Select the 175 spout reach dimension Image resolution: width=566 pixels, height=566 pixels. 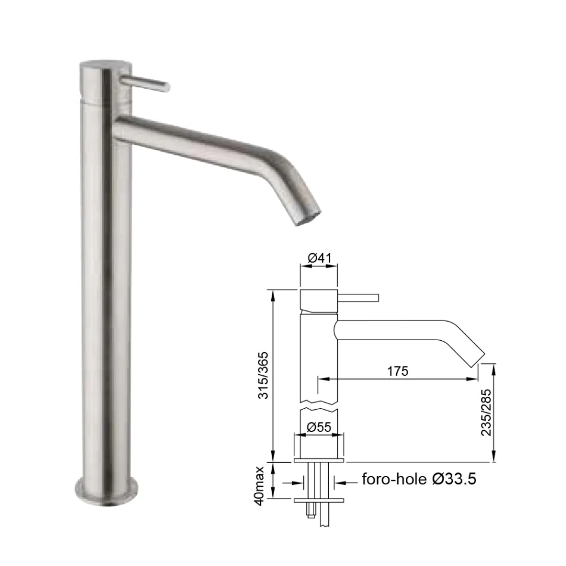(397, 371)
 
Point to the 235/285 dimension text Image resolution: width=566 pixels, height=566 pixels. (487, 413)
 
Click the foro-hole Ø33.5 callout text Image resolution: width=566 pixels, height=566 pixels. (419, 480)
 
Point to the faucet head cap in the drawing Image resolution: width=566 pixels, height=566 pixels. (319, 301)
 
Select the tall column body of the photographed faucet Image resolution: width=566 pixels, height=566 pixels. (106, 298)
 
